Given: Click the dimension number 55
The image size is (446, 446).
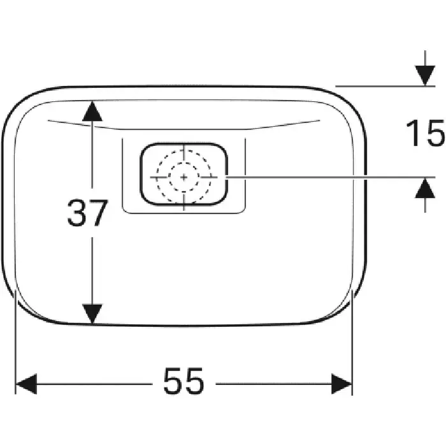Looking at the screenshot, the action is [183, 381].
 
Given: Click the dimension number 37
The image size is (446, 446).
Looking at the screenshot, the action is [88, 213].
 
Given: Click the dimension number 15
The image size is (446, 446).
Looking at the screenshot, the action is [426, 133].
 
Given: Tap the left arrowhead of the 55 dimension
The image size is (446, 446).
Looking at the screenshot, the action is [26, 384].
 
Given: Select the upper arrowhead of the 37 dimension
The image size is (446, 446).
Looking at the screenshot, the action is [92, 111].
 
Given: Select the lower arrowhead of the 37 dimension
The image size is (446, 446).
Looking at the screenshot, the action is [92, 313].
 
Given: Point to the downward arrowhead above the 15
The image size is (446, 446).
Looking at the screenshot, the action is [425, 75].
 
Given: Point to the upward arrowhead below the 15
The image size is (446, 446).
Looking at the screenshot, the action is [425, 188].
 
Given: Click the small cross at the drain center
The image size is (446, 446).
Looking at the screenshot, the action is [183, 177].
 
